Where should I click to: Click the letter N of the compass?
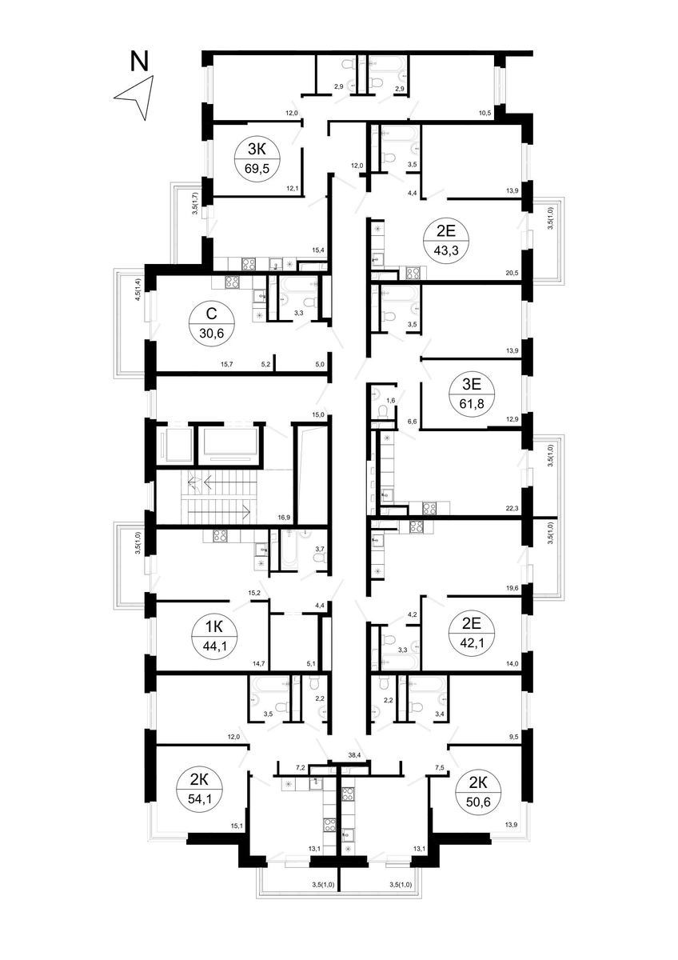139,61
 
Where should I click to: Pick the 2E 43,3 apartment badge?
446,242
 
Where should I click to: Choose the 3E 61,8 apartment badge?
472,394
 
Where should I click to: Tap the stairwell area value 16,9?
284,518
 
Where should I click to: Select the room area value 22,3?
512,508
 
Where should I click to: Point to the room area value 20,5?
512,272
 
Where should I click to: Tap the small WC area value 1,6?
390,400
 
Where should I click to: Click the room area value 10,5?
485,113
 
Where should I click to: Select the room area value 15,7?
226,364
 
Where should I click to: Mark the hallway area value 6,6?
412,422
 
